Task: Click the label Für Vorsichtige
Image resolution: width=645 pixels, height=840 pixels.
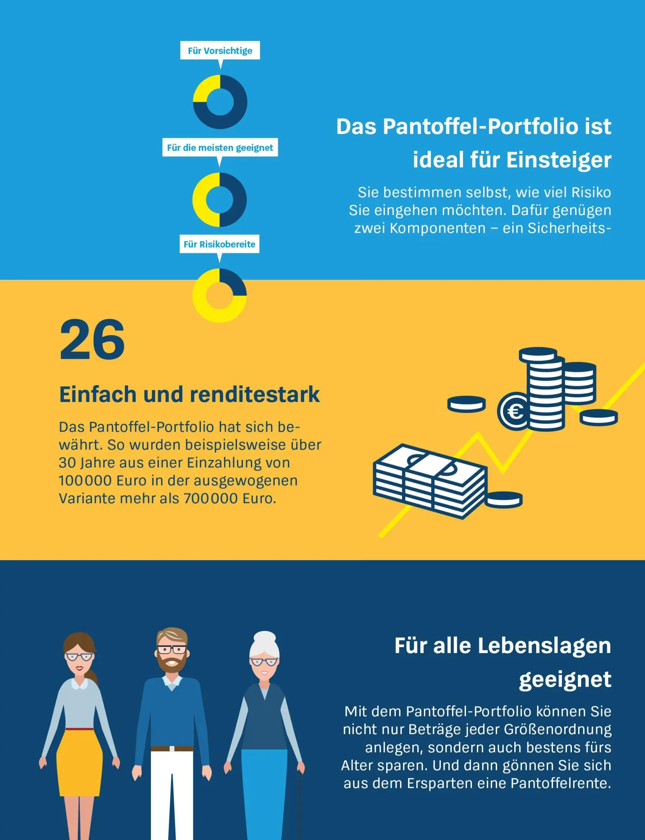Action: point(220,51)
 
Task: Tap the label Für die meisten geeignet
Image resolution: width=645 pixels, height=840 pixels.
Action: point(220,148)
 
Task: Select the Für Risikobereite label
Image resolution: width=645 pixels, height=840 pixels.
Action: point(219,244)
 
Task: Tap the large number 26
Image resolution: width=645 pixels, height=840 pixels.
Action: point(92,340)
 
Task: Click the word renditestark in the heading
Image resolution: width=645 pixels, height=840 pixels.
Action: point(255,395)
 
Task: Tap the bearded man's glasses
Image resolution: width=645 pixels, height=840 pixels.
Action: point(172,650)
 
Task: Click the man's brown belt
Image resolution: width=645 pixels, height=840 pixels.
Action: point(171,748)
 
